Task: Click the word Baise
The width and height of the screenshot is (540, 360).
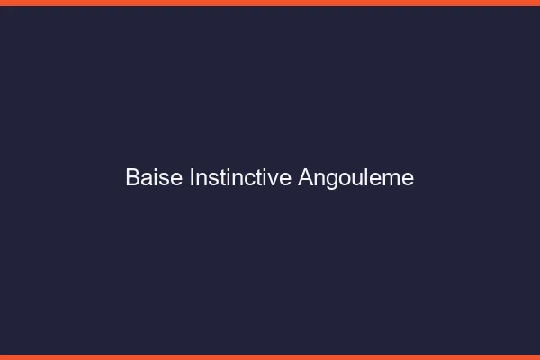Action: pos(155,178)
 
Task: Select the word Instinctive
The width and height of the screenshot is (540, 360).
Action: pos(240,178)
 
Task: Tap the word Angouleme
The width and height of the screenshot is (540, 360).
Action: pos(355,178)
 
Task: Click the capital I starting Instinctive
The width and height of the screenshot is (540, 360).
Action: pos(193,178)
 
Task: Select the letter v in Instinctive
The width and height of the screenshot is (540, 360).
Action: pos(274,180)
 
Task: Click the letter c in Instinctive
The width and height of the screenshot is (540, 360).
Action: pos(248,180)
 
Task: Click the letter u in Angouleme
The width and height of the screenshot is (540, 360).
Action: pos(355,180)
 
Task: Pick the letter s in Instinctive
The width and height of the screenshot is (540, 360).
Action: pos(211,180)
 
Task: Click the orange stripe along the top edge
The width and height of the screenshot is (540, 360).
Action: pos(270,3)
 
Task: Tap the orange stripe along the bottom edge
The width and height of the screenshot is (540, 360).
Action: pos(270,356)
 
